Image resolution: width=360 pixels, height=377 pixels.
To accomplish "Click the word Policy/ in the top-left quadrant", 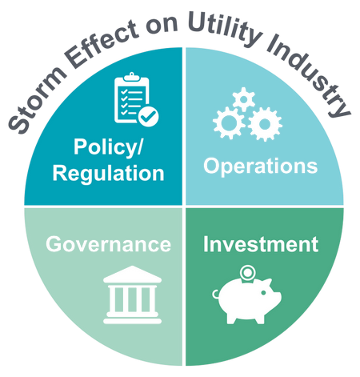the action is point(108,147).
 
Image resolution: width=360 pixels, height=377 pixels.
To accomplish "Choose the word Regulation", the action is point(108,174).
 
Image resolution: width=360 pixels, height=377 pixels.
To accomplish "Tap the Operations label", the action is point(261,166).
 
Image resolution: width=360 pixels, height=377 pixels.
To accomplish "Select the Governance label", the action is point(108,244).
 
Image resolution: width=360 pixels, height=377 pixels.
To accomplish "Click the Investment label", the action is point(261,244).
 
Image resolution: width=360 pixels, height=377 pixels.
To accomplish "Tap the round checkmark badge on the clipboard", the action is point(148,116).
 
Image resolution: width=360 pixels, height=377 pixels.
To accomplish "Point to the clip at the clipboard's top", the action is point(131,77).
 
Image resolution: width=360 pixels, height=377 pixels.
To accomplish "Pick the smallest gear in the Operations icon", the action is point(243,99).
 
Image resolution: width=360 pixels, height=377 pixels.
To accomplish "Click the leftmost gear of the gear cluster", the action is point(229,122).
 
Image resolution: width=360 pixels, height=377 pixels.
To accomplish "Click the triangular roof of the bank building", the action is point(132,275).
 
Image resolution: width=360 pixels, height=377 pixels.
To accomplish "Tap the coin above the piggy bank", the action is point(247,273).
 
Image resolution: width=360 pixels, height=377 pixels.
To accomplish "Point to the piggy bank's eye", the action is point(263,293).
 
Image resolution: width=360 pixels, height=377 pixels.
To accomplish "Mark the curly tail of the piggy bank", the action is point(215,294).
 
